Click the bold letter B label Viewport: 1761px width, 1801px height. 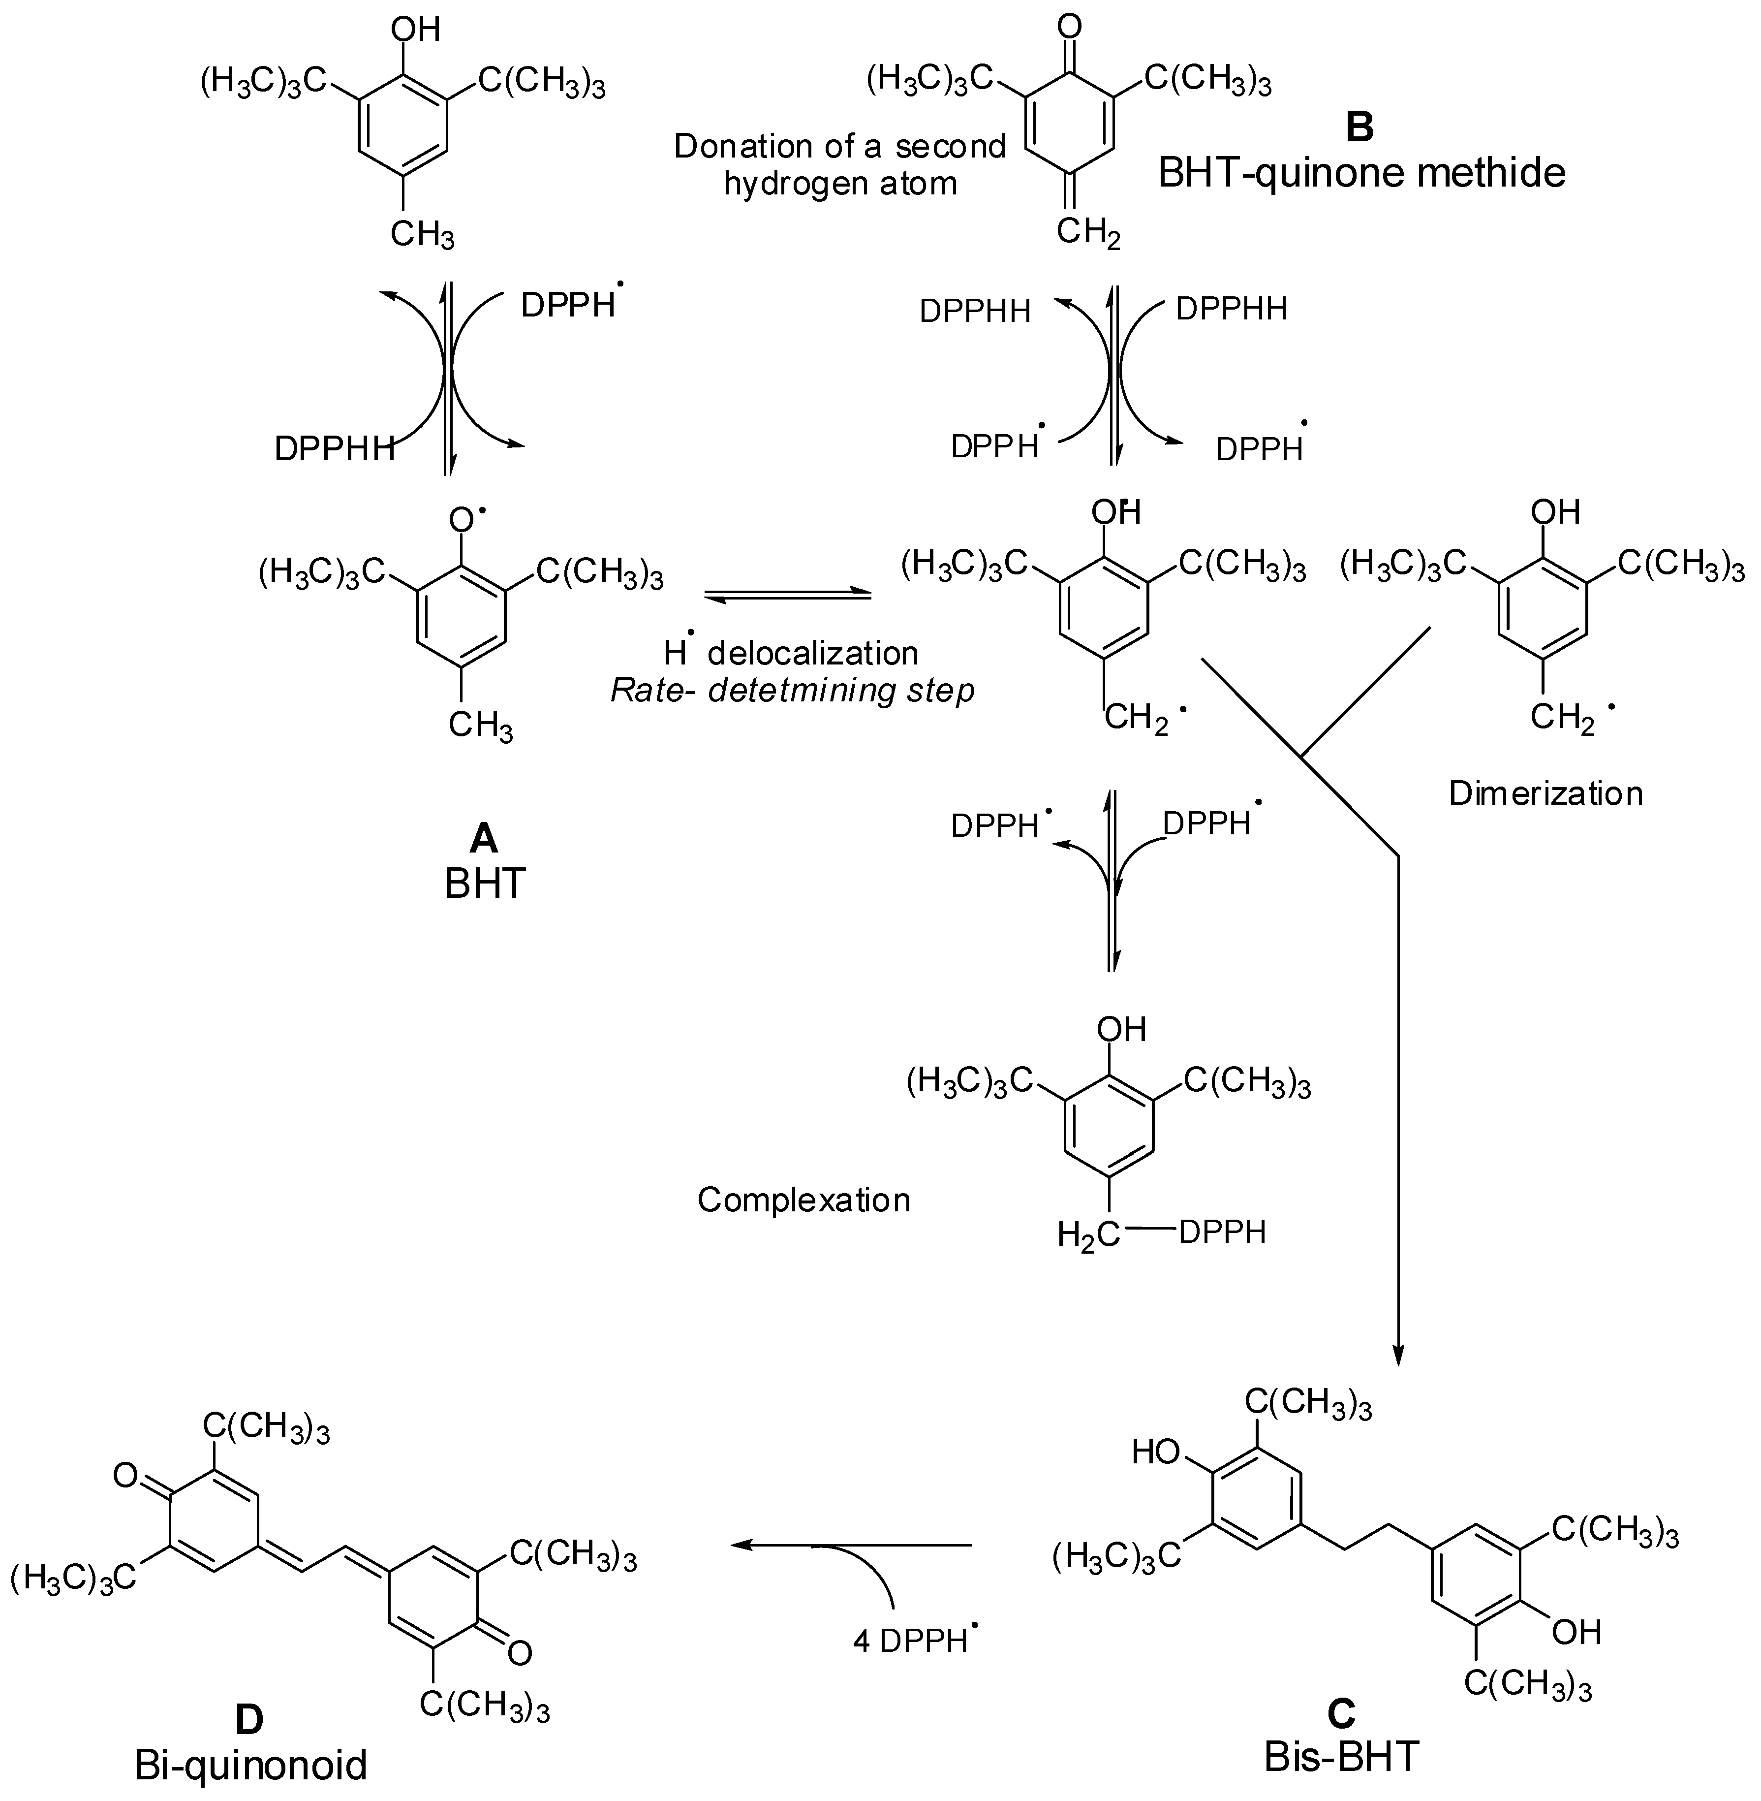(x=1359, y=126)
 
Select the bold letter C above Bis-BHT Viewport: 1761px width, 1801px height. (x=1341, y=1714)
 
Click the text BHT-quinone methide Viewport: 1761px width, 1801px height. (x=1361, y=173)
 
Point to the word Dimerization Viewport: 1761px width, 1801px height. (x=1545, y=793)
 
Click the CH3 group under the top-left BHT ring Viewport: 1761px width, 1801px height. (x=422, y=234)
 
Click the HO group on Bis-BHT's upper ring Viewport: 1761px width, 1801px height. (x=1156, y=1453)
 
